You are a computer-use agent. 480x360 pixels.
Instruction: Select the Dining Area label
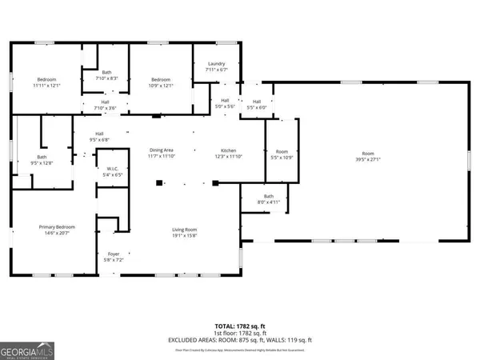coord(162,150)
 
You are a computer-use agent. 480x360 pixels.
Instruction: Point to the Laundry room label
coord(217,63)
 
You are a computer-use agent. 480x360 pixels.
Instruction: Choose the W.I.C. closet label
coord(113,169)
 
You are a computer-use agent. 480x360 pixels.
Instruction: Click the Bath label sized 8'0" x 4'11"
coord(269,197)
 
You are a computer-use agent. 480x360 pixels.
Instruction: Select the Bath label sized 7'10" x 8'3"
coord(106,72)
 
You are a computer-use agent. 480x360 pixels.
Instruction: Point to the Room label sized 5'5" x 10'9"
coord(282,151)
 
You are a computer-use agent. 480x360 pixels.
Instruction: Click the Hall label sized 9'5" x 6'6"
coord(100,134)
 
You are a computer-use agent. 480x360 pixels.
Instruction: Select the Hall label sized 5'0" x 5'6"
coord(225,101)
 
